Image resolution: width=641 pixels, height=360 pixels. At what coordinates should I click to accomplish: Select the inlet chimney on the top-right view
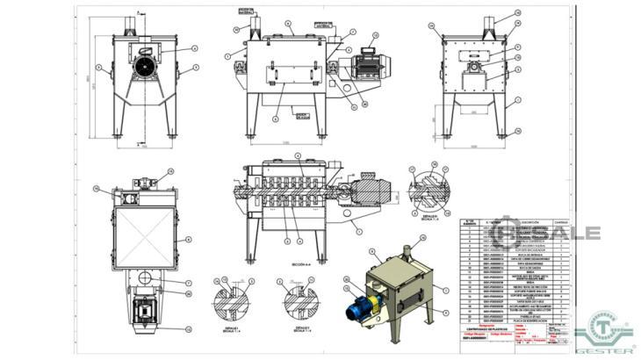click(x=492, y=27)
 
